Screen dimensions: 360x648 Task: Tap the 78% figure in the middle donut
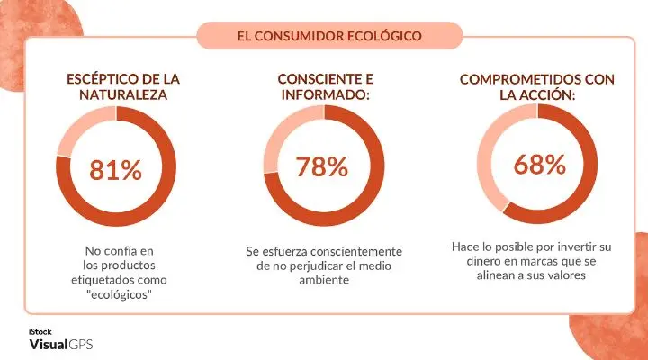321,166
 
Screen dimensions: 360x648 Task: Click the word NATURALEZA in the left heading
114,94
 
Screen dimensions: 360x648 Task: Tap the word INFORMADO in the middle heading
318,94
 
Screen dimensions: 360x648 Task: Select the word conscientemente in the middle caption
355,251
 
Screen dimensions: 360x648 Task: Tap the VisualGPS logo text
60,345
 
